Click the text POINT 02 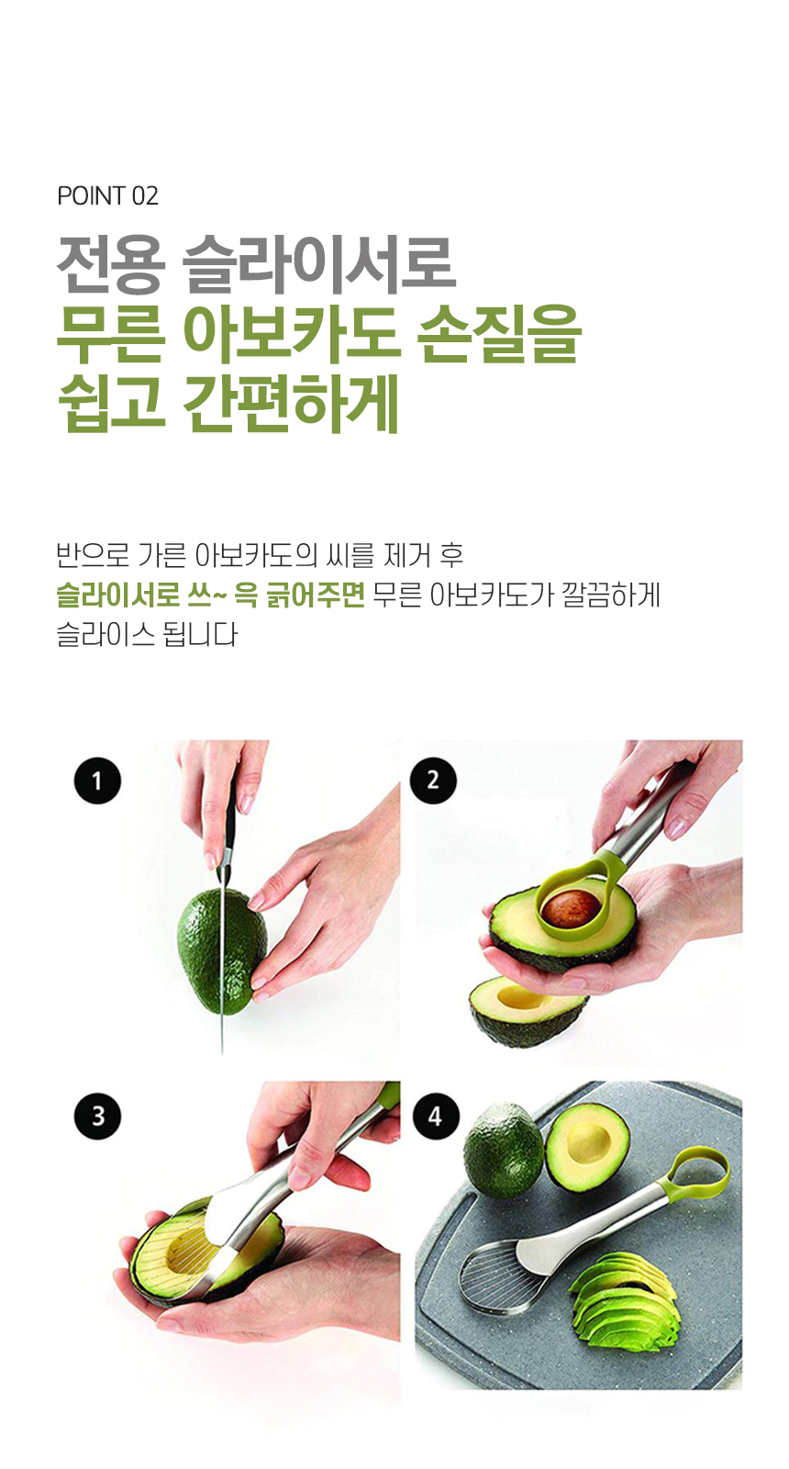click(x=108, y=196)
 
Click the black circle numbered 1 click(x=98, y=781)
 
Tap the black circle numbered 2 click(x=433, y=781)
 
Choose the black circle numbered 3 click(x=98, y=1116)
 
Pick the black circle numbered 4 click(x=436, y=1116)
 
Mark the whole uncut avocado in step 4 click(x=503, y=1147)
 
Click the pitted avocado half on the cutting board click(x=588, y=1146)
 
